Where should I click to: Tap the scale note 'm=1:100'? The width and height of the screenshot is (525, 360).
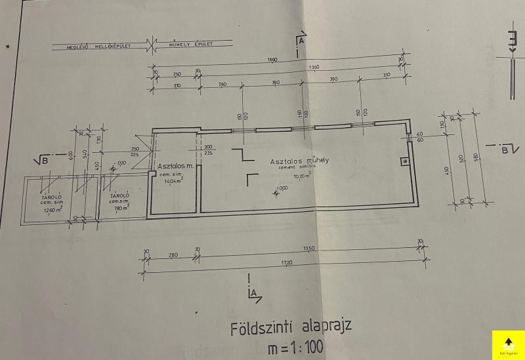295,348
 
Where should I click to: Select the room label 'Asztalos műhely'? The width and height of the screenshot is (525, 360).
299,161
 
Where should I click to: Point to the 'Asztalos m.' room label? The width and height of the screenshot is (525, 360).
175,167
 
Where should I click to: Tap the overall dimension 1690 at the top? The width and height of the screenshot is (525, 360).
272,60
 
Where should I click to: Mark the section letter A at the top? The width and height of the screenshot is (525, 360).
301,41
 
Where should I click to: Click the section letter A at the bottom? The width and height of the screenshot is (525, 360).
252,293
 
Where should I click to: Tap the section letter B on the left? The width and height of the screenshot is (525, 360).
44,159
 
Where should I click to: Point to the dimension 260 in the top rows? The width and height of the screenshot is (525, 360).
222,83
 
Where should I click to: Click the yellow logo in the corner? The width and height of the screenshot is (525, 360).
507,345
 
